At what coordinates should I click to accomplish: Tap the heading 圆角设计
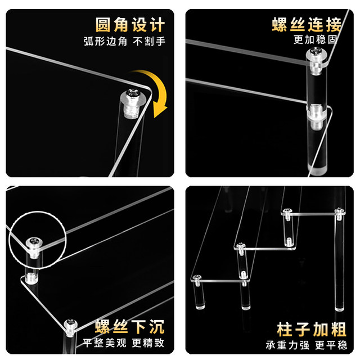point(130,25)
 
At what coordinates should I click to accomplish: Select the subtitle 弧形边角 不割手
point(124,42)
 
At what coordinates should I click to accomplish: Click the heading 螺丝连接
point(307,24)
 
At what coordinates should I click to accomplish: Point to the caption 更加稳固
point(315,39)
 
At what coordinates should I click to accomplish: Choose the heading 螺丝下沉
point(130,326)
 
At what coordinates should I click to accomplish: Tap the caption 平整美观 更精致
point(124,343)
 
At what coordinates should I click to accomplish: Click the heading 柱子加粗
point(312,329)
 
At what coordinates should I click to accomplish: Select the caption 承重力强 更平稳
point(306,345)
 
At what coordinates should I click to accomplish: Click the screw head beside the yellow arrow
point(133,93)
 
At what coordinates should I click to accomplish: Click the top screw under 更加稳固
point(316,52)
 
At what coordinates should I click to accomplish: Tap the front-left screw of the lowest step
point(197,277)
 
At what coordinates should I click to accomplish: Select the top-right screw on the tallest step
point(340,211)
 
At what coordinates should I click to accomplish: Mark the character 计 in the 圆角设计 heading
point(157,25)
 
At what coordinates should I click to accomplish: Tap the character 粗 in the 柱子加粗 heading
point(339,329)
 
